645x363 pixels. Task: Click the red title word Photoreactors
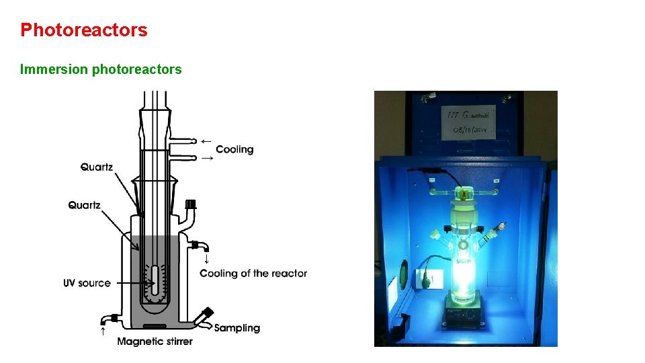tap(83, 30)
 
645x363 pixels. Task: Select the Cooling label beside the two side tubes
tap(234, 149)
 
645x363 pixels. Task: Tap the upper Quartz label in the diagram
tap(97, 167)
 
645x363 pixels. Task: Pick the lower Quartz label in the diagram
tap(84, 204)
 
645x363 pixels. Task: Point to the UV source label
tap(87, 283)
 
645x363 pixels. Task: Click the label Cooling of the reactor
tap(253, 274)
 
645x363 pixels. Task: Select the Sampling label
tap(236, 328)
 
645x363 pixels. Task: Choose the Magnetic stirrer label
tap(155, 341)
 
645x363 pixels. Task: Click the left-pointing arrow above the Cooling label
tap(206, 141)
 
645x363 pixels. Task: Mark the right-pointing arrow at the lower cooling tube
tap(207, 158)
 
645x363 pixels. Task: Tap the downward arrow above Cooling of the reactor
tap(206, 259)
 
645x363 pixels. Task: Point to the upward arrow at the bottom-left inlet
tap(103, 330)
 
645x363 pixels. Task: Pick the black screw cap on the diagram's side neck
tap(190, 204)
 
